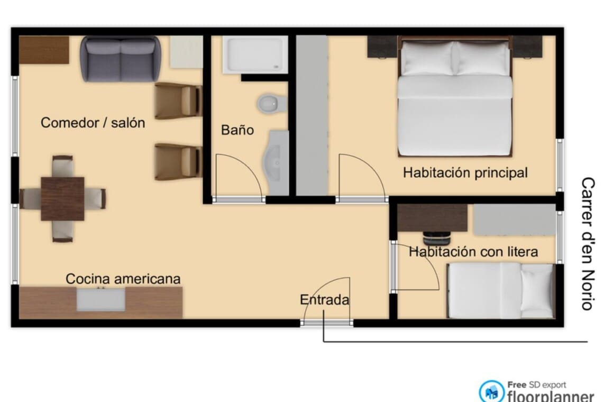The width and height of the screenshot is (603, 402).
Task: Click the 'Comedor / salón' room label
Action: click(93, 123)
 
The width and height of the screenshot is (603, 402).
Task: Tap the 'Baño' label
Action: click(237, 130)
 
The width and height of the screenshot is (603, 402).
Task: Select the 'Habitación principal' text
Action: click(465, 173)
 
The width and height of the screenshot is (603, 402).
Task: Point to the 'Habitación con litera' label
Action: click(473, 252)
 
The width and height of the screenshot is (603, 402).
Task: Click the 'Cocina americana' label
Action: click(123, 279)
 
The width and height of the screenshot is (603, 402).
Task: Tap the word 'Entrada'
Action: click(325, 300)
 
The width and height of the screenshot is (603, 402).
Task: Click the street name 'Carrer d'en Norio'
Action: click(588, 243)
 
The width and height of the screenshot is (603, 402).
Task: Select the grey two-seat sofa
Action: click(121, 59)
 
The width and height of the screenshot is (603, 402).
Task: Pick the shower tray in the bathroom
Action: click(255, 54)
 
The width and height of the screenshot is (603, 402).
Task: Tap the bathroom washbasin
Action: click(276, 162)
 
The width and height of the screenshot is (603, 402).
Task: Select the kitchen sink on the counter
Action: click(100, 300)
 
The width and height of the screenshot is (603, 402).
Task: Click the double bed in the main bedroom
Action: click(455, 97)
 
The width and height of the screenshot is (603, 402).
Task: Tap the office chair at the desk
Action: click(436, 239)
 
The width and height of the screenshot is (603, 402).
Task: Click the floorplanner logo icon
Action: click(491, 391)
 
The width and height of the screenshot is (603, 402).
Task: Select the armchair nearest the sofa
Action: click(178, 101)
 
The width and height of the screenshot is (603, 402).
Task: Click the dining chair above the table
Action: click(63, 166)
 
